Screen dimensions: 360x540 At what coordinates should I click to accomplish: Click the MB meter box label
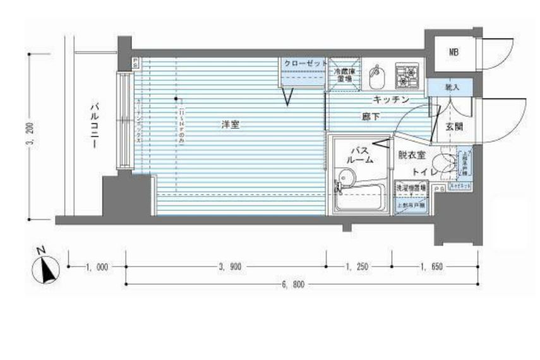point(453,52)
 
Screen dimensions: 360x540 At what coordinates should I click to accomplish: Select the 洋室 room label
point(230,125)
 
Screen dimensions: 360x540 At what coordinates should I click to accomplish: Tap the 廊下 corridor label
point(371,116)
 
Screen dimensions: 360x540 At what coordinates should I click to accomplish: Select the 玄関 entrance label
point(453,127)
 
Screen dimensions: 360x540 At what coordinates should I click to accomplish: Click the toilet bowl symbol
point(446,162)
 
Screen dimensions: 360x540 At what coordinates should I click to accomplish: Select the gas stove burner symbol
point(405,76)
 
